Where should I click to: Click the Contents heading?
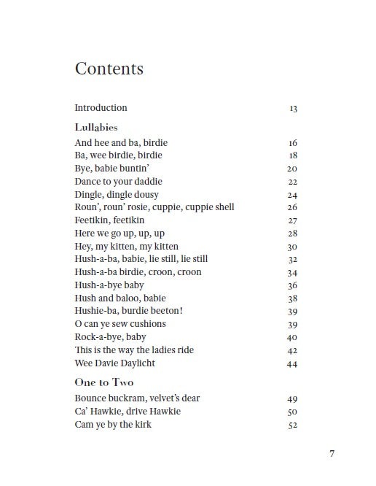point(109,69)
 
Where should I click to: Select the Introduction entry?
point(101,107)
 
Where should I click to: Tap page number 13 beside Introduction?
point(293,108)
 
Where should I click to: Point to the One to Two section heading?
point(104,382)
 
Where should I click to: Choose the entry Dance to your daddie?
point(118,181)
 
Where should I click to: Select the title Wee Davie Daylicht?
point(114,363)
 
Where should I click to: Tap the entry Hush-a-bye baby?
point(109,285)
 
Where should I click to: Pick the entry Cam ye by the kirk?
point(113,424)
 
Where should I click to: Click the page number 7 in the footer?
point(332,453)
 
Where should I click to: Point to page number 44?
point(292,364)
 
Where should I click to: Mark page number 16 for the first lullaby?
point(292,143)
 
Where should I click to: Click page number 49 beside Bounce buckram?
point(292,399)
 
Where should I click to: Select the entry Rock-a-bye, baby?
point(110,337)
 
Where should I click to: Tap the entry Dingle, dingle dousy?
point(117,194)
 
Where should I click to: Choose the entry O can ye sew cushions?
point(120,324)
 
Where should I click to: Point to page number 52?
point(292,425)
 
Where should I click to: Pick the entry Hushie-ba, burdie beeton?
point(118,311)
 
